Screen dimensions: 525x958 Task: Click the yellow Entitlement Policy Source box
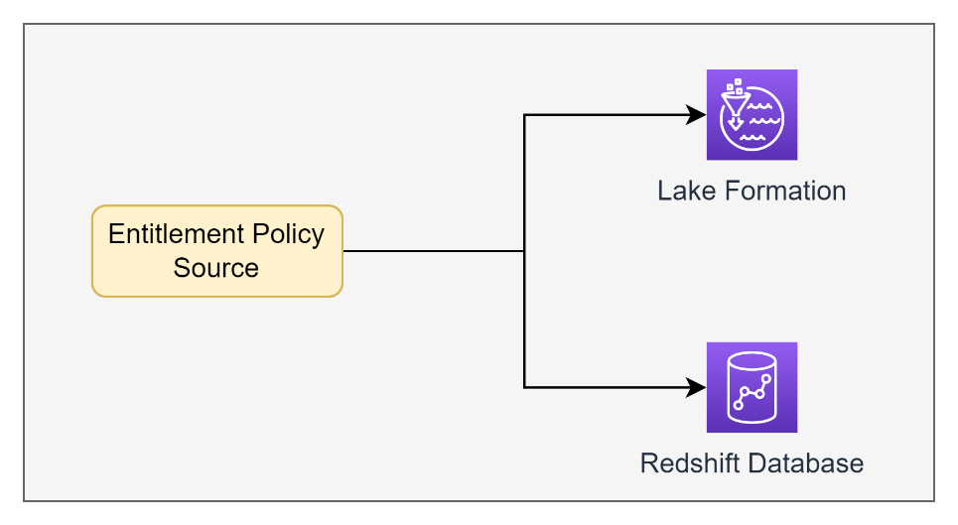[x=216, y=251]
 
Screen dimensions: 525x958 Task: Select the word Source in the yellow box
[x=216, y=268]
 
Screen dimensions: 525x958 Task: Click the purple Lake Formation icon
[x=752, y=114]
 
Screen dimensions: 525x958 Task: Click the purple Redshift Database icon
[x=752, y=387]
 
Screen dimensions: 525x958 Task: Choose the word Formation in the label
[x=783, y=191]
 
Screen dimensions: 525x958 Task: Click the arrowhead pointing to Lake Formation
[x=698, y=115]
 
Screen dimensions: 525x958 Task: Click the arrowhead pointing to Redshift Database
[x=698, y=387]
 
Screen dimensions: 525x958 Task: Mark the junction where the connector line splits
[x=524, y=251]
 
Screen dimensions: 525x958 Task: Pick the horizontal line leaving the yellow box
[x=432, y=251]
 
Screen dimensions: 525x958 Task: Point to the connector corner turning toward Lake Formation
[x=524, y=115]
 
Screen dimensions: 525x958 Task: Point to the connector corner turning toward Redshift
[x=524, y=387]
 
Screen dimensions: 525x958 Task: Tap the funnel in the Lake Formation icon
[x=735, y=108]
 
